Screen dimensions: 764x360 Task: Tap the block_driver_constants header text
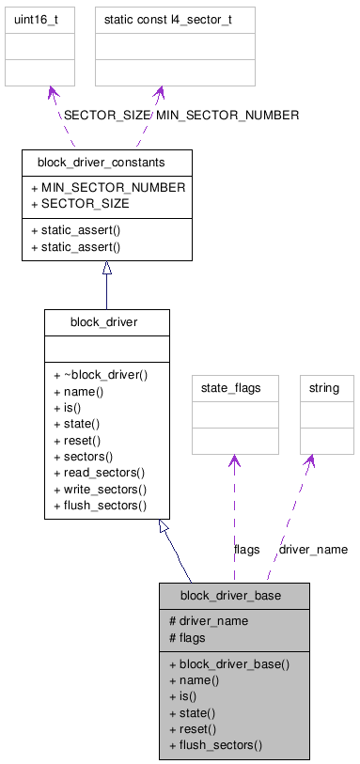(x=106, y=163)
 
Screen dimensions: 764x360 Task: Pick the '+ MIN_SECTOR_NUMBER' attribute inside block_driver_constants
(x=108, y=187)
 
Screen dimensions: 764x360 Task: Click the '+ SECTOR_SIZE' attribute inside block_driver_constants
(x=80, y=203)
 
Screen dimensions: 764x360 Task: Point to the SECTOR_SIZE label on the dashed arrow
(x=106, y=115)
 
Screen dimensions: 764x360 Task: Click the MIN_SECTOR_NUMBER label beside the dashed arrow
(x=227, y=115)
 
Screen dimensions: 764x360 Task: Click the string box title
(x=326, y=387)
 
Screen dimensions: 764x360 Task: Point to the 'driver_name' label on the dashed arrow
(x=313, y=549)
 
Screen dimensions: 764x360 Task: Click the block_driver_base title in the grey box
(x=230, y=595)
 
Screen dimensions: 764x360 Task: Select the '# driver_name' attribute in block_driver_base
(x=208, y=620)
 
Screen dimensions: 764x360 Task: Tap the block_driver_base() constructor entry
(x=229, y=663)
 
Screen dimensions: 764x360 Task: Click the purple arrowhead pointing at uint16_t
(x=52, y=94)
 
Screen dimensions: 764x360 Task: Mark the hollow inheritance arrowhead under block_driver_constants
(x=106, y=268)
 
